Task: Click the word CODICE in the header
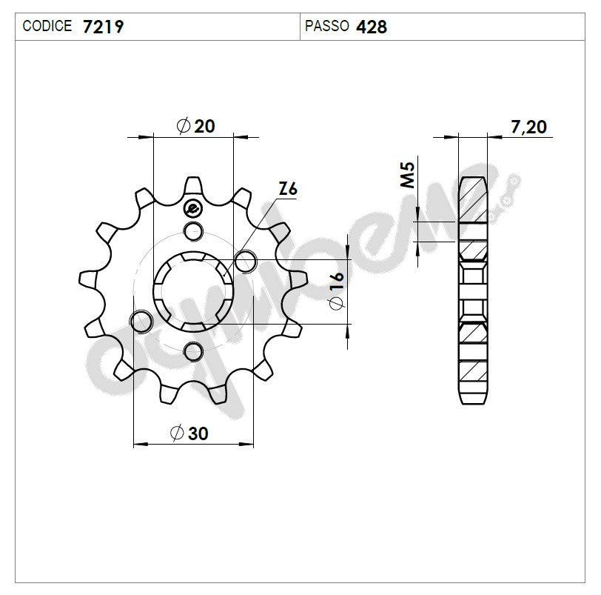47,27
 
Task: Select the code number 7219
103,27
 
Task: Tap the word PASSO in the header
326,27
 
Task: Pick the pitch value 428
372,27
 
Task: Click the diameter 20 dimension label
196,126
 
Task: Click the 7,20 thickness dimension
529,127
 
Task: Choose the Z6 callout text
288,190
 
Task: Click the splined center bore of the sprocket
193,290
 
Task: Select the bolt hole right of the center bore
245,260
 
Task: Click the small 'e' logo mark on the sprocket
194,207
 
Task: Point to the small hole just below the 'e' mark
193,230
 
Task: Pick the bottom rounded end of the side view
473,396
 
